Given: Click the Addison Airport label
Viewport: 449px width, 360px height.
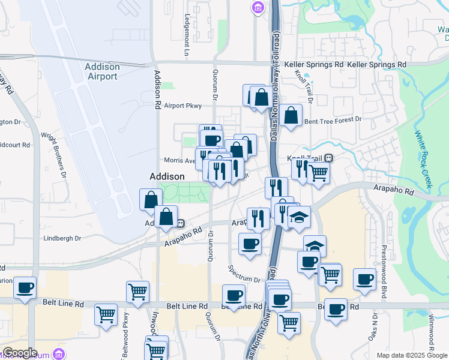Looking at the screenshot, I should tap(102, 71).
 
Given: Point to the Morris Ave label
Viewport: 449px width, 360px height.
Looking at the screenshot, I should tap(180, 161).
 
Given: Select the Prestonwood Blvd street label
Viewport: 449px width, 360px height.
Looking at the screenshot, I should tap(383, 264).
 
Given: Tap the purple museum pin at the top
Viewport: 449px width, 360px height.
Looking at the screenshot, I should tap(258, 7).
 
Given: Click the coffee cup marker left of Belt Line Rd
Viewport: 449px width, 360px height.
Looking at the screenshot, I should tap(25, 287).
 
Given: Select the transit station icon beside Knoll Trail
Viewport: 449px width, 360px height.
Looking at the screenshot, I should tap(330, 158).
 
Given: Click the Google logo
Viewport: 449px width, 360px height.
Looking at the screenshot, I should tap(20, 353).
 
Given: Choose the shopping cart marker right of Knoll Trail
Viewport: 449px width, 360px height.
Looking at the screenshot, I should tap(319, 173).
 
